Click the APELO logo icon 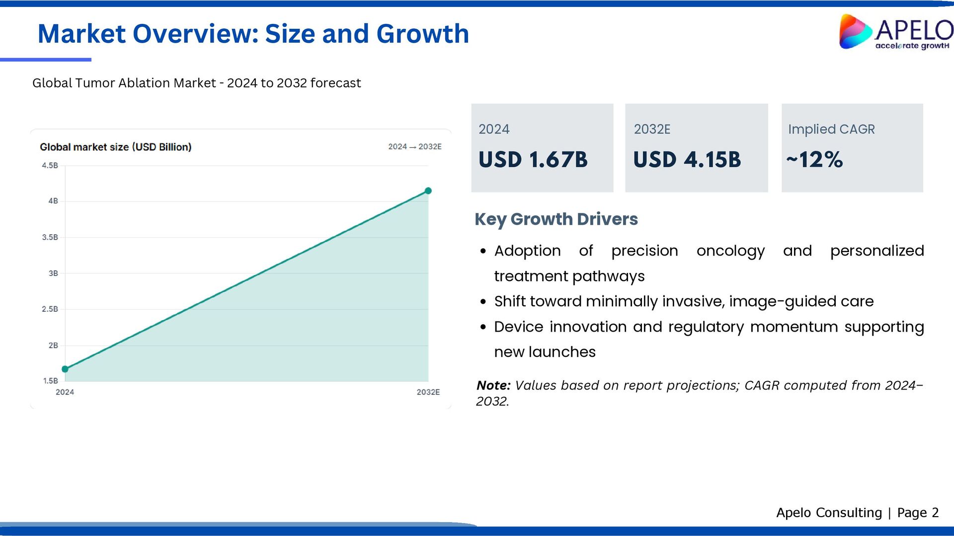855,32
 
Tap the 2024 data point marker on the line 65,369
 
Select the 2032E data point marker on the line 428,191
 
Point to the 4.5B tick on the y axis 50,166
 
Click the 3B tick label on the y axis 53,273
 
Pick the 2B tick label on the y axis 53,345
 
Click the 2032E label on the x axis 428,392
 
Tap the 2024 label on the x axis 65,392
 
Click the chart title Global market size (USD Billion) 115,147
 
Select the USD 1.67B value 533,160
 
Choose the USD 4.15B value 687,160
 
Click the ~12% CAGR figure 815,160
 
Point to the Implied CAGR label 831,129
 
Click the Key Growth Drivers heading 556,219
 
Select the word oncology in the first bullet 730,251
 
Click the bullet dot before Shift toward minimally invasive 483,302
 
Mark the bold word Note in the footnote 493,386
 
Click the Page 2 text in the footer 918,513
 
